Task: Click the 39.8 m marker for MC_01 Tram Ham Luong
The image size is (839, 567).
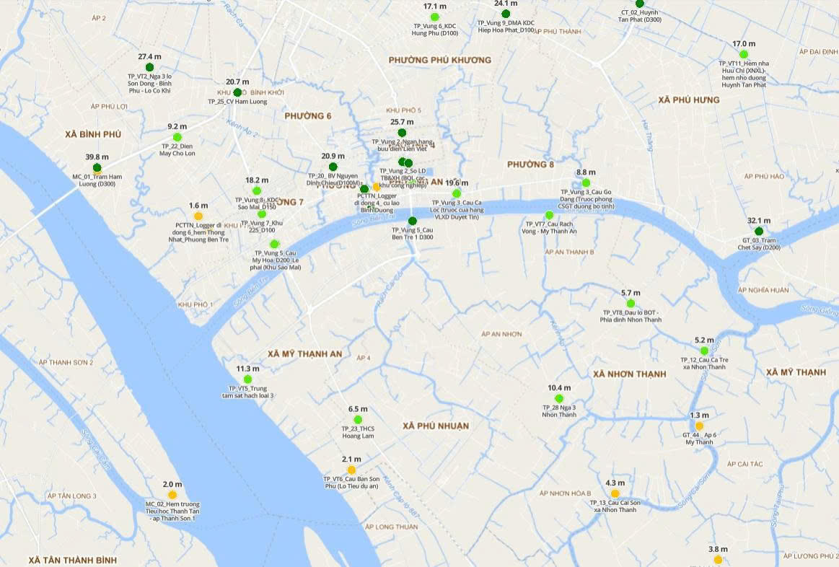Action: pyautogui.click(x=97, y=168)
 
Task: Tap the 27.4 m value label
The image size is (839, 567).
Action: pyautogui.click(x=150, y=56)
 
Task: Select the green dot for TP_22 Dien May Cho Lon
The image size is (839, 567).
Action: pyautogui.click(x=177, y=137)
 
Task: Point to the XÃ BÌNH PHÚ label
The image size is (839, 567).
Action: pyautogui.click(x=93, y=135)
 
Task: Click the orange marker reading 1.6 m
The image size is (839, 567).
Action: pyautogui.click(x=198, y=216)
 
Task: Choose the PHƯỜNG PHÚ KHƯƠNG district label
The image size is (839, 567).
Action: pyautogui.click(x=439, y=60)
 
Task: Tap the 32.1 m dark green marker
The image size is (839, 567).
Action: pyautogui.click(x=759, y=231)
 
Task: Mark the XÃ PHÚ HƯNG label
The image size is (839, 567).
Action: pyautogui.click(x=689, y=100)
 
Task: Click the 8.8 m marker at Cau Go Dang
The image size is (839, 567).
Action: pyautogui.click(x=586, y=183)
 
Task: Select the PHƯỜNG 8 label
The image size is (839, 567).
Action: pyautogui.click(x=530, y=164)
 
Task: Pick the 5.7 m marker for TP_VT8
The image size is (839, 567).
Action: pyautogui.click(x=631, y=303)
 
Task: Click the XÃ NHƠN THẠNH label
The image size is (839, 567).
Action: pyautogui.click(x=629, y=374)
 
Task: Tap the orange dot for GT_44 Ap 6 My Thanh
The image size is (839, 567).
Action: pyautogui.click(x=699, y=426)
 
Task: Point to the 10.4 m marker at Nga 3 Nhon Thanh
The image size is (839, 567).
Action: pyautogui.click(x=559, y=398)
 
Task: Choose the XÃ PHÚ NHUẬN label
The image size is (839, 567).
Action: pyautogui.click(x=436, y=426)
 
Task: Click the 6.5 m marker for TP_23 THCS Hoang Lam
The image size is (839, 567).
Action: pyautogui.click(x=358, y=419)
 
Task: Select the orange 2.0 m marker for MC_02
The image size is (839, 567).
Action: pyautogui.click(x=172, y=495)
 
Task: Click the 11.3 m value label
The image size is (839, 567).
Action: pyautogui.click(x=247, y=369)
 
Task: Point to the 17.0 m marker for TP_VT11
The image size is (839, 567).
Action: pyautogui.click(x=744, y=54)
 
